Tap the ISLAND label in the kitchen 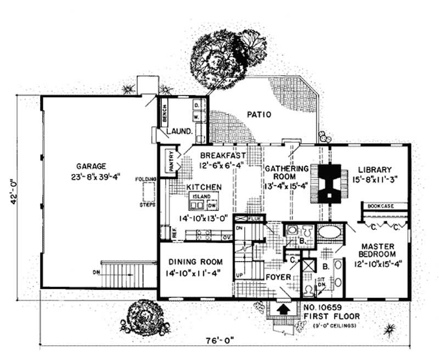(x=201, y=196)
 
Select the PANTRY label (x=171, y=163)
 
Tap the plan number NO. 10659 (x=328, y=308)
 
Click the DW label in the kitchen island (x=212, y=205)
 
